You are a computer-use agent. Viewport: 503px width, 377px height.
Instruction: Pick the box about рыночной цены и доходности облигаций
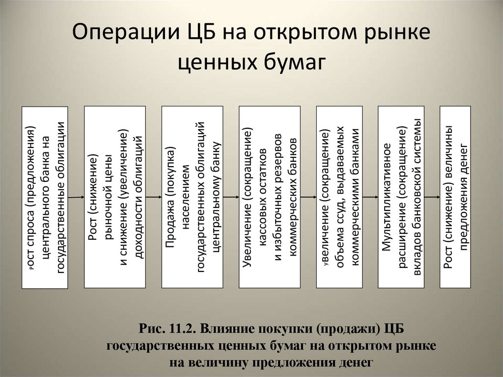pyautogui.click(x=114, y=197)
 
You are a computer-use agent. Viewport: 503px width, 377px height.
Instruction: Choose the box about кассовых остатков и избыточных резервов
pyautogui.click(x=269, y=197)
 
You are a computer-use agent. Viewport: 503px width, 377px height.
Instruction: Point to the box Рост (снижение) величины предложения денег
pyautogui.click(x=455, y=197)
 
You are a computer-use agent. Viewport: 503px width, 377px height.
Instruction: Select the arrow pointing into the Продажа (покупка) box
pyautogui.click(x=154, y=197)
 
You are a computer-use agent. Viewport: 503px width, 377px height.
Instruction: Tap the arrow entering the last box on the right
pyautogui.click(x=432, y=197)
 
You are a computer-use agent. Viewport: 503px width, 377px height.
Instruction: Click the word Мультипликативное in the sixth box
pyautogui.click(x=388, y=197)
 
